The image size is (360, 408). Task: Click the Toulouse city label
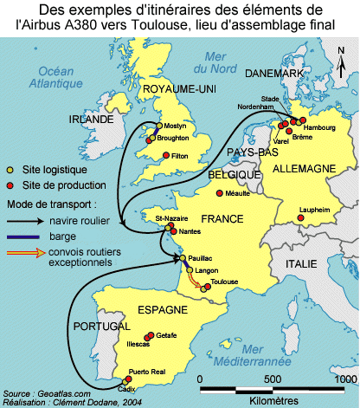[x=224, y=282]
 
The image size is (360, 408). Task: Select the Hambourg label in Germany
[x=319, y=127]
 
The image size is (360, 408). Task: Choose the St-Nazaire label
[x=167, y=220]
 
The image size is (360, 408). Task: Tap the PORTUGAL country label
[x=102, y=327]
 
